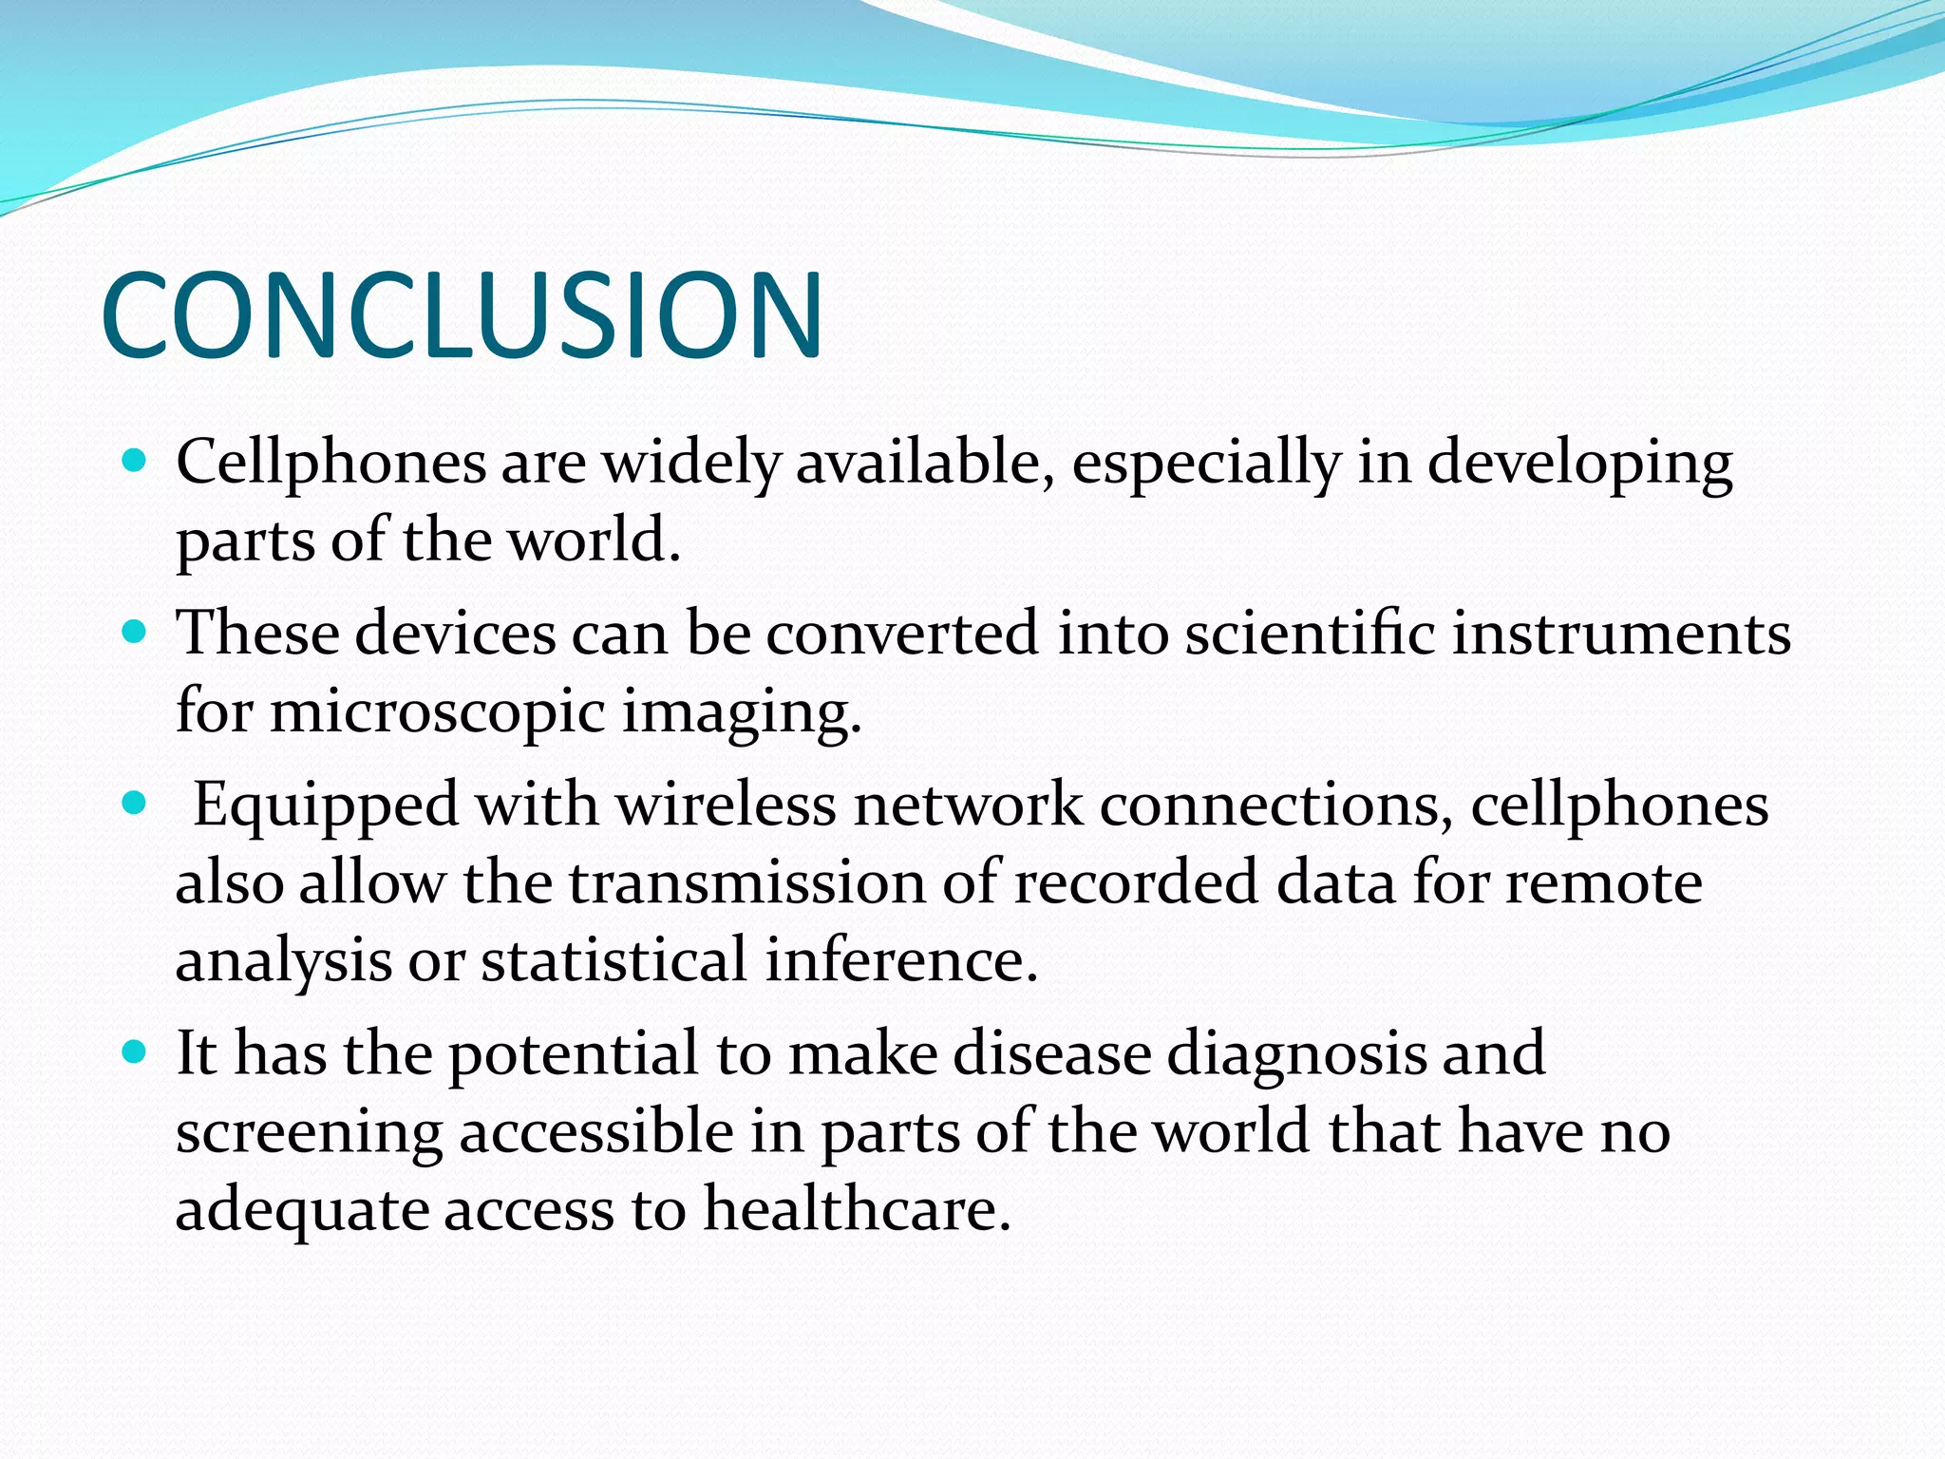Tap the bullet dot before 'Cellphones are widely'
135,463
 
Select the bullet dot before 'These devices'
135,633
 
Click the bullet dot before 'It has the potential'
135,1052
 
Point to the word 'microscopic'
438,713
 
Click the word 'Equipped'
327,806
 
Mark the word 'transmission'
746,882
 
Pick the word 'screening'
310,1134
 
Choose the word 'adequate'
301,1212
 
